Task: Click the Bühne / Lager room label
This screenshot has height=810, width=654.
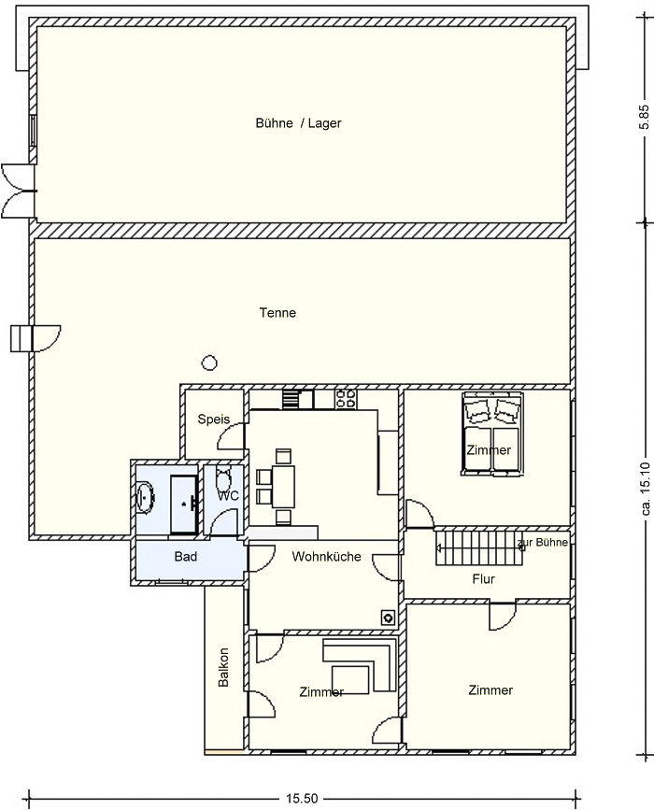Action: [x=299, y=123]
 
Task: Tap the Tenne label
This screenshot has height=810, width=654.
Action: [x=277, y=313]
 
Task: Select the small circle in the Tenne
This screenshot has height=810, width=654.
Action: [x=209, y=363]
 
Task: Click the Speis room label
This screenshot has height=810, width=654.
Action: [x=213, y=419]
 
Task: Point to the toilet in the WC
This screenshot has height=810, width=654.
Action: [x=223, y=479]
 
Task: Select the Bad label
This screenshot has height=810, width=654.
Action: [x=185, y=557]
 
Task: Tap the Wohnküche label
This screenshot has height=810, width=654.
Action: [x=326, y=557]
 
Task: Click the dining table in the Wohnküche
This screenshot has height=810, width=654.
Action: [x=284, y=487]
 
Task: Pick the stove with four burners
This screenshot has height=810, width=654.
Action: [x=346, y=399]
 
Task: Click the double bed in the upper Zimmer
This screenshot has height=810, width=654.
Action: [x=492, y=433]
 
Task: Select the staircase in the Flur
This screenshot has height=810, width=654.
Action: [x=480, y=547]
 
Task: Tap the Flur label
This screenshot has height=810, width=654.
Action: [x=484, y=579]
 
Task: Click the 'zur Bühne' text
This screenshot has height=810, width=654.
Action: [x=543, y=543]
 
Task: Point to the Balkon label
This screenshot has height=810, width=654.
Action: [x=223, y=667]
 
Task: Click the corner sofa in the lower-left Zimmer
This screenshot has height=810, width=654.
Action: [x=360, y=665]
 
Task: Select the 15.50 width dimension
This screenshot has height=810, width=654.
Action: [x=302, y=799]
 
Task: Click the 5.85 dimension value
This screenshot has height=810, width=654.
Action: [x=643, y=119]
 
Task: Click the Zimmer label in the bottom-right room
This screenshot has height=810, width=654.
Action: [x=490, y=690]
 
